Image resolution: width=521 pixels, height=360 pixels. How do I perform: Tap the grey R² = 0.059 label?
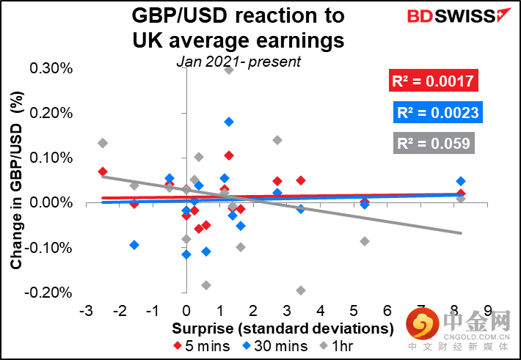coord(433,144)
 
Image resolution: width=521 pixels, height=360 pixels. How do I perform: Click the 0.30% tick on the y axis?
coord(51,68)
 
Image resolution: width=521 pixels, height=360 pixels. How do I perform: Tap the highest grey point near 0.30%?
coord(229,70)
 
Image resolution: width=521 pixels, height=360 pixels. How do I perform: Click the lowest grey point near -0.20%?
coord(300,290)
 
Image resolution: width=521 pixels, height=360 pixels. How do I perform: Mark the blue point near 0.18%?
coord(229,122)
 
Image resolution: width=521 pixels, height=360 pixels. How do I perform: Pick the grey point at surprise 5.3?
coord(365,241)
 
